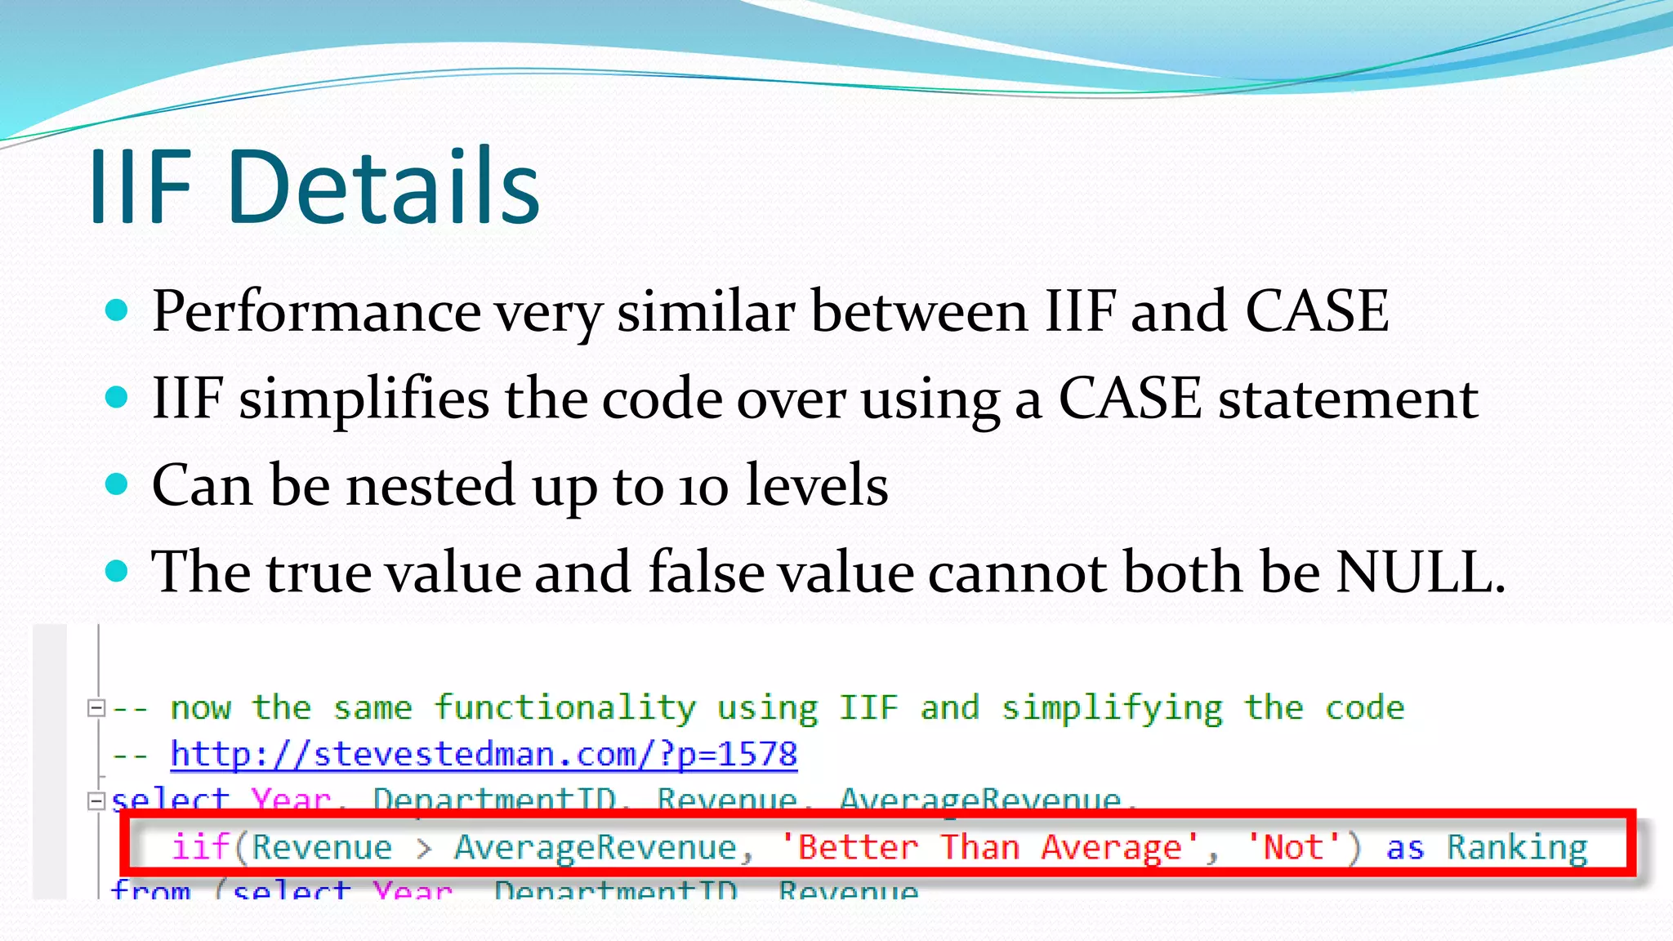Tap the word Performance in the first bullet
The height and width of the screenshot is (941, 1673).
pos(316,312)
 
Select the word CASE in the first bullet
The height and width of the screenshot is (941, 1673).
pos(1316,312)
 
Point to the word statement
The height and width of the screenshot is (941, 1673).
pos(1348,400)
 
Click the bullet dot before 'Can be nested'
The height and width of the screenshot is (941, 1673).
pos(118,484)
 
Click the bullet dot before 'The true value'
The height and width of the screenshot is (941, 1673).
pos(118,571)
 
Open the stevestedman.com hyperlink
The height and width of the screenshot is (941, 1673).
pos(483,754)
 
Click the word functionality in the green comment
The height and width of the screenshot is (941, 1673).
pos(564,707)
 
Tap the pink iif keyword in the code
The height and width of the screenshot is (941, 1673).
pos(200,847)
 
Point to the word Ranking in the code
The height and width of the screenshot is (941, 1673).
pos(1517,847)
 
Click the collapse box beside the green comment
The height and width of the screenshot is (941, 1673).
pos(96,708)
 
